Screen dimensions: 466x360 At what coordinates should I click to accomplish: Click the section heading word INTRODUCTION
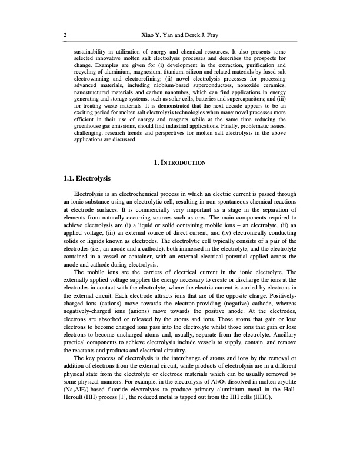coord(184,162)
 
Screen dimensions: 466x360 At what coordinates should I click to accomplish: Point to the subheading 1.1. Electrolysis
coord(86,178)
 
